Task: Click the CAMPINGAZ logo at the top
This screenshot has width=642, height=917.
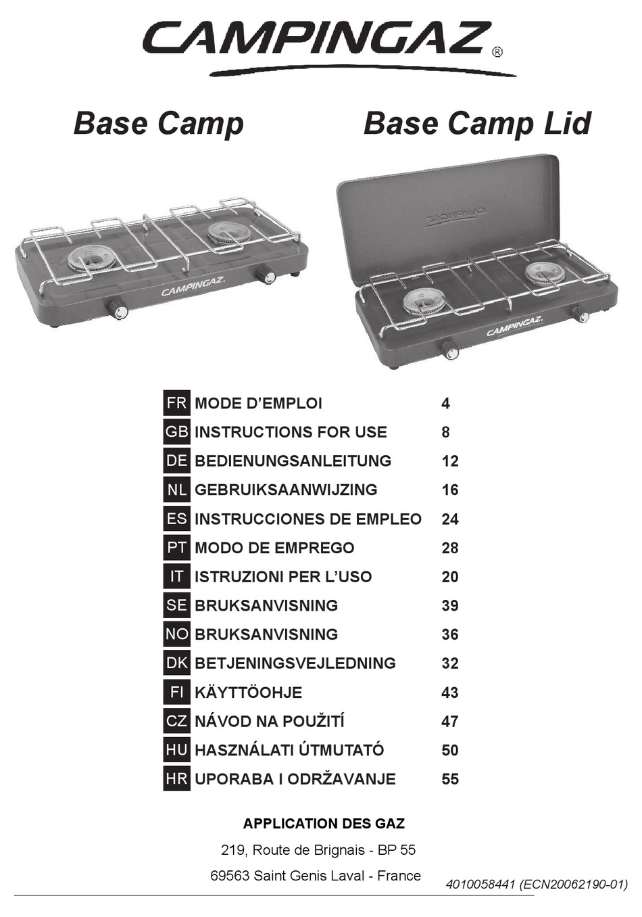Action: coord(316,39)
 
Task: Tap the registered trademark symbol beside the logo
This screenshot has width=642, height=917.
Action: coord(497,52)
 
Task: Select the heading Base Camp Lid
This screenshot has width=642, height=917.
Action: coord(477,124)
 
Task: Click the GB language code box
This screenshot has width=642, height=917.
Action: coord(176,431)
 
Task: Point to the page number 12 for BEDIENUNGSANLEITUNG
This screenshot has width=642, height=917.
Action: coord(450,461)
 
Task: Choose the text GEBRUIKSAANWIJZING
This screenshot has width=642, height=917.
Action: coord(286,490)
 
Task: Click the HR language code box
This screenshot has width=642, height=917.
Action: coord(176,778)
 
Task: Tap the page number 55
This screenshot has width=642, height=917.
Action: coord(450,779)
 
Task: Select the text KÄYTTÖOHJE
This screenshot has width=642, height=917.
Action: coord(248,692)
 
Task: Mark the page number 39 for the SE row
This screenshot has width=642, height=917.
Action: coord(450,606)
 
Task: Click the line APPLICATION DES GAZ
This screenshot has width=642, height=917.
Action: coord(324,824)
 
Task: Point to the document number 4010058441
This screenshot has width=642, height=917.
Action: coord(480,884)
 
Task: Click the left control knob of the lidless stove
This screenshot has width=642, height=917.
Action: coord(118,309)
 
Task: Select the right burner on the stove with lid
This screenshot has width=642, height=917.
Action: coord(545,273)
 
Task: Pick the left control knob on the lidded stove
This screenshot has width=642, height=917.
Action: coord(449,350)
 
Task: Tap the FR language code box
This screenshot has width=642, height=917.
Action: coord(176,403)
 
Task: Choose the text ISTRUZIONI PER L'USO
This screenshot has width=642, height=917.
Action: coord(283,577)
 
